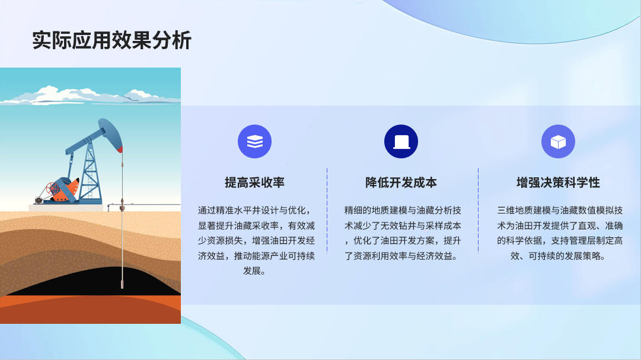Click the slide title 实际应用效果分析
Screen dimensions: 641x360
(x=111, y=40)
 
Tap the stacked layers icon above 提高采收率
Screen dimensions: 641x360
(x=255, y=142)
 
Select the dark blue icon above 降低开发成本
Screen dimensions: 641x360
(x=401, y=142)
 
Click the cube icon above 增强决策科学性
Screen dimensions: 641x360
(x=558, y=142)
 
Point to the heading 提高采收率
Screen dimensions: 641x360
(x=255, y=183)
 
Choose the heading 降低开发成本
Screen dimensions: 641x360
(x=401, y=183)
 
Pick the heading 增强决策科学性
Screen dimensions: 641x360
(x=558, y=183)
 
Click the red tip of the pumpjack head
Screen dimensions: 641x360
(x=120, y=150)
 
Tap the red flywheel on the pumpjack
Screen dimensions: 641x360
(x=53, y=189)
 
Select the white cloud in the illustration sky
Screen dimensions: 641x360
(x=90, y=96)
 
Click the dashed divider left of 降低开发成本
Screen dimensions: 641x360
(x=327, y=211)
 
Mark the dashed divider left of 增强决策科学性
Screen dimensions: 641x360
(x=479, y=211)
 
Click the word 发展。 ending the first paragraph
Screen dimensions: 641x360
(x=255, y=271)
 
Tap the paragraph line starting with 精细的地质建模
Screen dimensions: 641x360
(x=403, y=211)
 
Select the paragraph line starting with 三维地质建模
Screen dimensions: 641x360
(x=560, y=211)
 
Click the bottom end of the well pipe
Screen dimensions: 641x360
(x=122, y=288)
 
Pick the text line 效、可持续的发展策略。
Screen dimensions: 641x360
(x=559, y=256)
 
